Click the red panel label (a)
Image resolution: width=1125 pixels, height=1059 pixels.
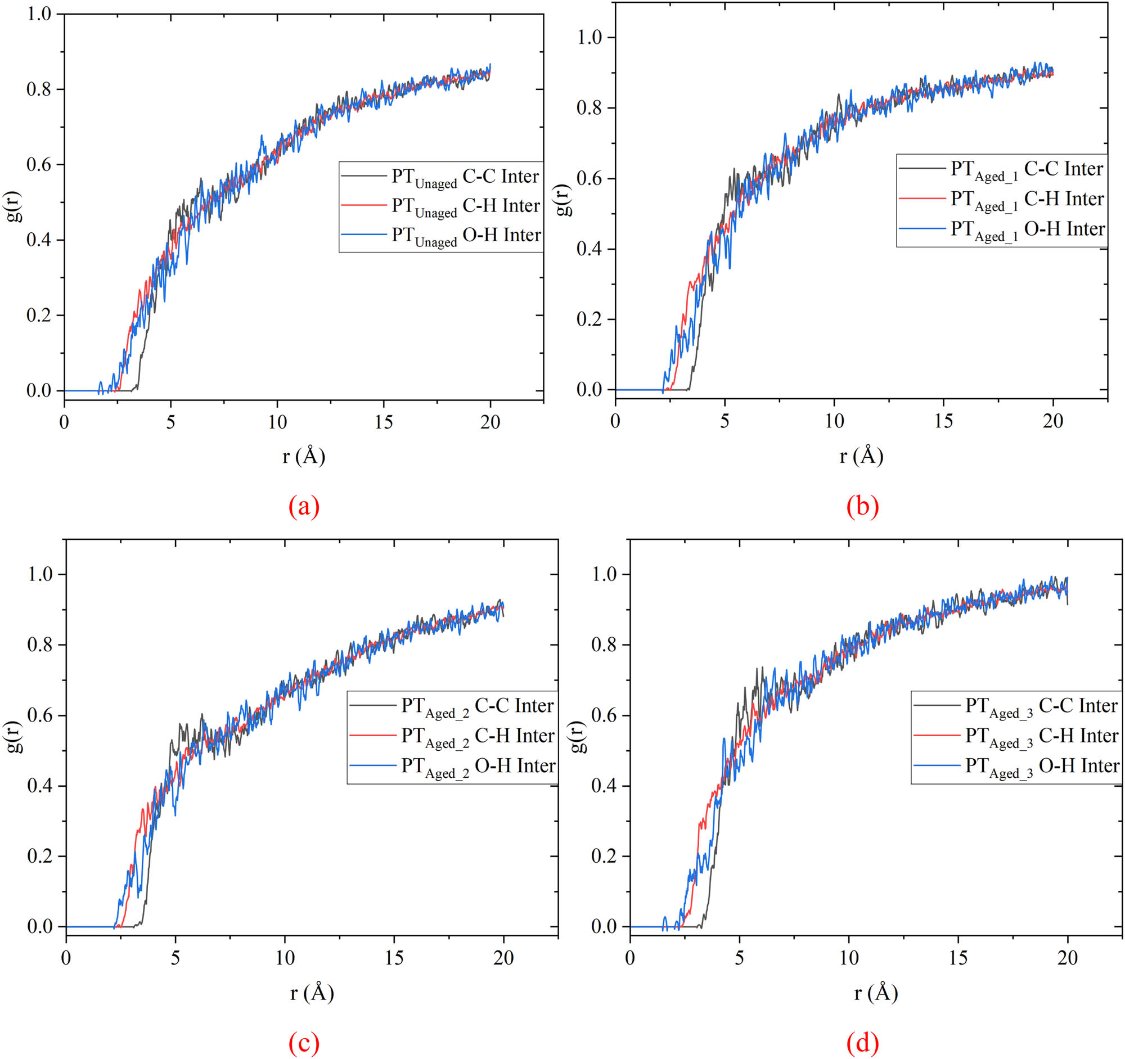tap(304, 506)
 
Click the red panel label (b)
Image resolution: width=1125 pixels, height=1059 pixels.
tap(862, 506)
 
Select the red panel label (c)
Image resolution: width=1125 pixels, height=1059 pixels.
tap(304, 1042)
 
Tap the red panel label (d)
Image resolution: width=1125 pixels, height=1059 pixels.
tap(862, 1042)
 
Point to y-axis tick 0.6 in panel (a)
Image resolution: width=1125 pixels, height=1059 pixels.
tap(39, 165)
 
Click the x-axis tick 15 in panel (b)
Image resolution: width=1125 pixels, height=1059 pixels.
tap(943, 421)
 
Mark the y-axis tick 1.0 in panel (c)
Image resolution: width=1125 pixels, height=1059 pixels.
tap(40, 574)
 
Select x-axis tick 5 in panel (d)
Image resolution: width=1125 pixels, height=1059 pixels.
tap(739, 958)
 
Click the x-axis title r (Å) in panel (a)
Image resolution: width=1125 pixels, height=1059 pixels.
tap(304, 456)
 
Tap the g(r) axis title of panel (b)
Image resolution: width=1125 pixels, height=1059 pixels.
tap(564, 200)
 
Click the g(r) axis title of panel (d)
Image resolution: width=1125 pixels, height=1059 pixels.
tap(578, 736)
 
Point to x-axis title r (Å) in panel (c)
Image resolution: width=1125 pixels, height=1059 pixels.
tap(312, 992)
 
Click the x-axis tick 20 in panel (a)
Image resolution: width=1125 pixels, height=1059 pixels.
tap(490, 422)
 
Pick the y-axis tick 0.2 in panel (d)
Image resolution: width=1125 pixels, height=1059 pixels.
tap(604, 857)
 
